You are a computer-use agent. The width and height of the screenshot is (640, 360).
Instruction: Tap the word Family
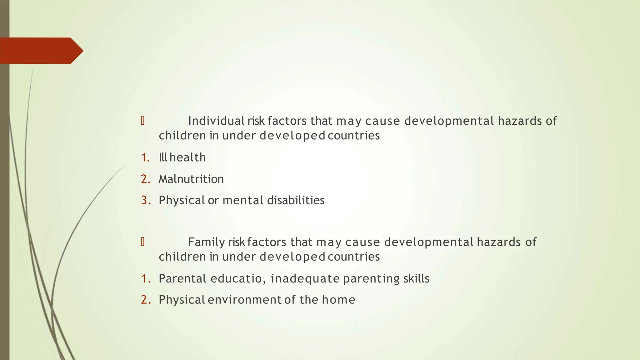pos(206,242)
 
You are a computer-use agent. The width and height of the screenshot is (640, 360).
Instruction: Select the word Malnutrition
pos(191,179)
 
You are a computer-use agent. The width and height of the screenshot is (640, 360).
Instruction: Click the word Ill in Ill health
pos(163,157)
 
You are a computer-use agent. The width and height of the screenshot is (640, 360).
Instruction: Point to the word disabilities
pos(296,200)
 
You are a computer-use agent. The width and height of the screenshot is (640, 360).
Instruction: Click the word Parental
pos(182,278)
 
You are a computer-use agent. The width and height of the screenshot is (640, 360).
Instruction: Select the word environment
pos(244,300)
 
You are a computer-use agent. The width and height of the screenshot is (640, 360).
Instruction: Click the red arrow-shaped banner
pos(41,51)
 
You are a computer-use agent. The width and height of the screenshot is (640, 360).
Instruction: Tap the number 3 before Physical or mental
pos(145,200)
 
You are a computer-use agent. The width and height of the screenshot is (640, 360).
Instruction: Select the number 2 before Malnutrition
pos(145,179)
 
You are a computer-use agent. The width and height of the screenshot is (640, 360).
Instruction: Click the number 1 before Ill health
pos(145,157)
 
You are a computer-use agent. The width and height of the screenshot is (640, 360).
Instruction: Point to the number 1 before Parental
pos(145,278)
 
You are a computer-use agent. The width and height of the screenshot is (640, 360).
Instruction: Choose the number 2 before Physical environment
pos(145,300)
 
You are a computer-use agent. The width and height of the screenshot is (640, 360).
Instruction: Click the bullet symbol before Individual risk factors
pos(143,121)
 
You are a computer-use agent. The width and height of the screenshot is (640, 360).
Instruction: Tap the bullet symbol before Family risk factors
pos(143,242)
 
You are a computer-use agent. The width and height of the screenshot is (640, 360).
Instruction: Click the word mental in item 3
pos(243,200)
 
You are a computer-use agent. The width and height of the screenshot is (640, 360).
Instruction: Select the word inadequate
pos(305,278)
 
